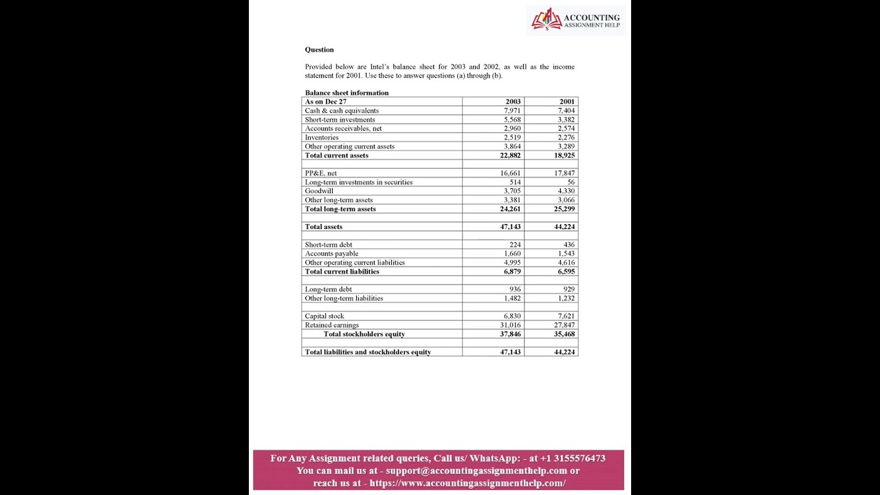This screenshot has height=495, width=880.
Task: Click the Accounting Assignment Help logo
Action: (x=575, y=20)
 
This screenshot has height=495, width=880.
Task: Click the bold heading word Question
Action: (x=319, y=49)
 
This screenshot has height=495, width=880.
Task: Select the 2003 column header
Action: (x=513, y=102)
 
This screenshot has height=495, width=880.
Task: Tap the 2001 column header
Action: (x=566, y=102)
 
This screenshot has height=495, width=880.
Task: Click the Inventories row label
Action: (x=322, y=137)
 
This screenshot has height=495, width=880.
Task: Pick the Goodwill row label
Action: (x=319, y=191)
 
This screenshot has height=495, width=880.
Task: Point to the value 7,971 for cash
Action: (x=512, y=111)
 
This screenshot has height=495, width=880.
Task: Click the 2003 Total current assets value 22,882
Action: (x=510, y=155)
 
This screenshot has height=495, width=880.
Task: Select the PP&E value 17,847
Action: (x=564, y=173)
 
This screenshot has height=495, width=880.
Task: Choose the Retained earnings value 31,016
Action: (x=510, y=325)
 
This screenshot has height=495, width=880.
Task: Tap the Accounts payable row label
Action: (x=331, y=254)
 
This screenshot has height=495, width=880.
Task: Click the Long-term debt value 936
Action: (x=515, y=289)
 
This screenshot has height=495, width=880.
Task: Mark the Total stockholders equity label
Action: (x=364, y=334)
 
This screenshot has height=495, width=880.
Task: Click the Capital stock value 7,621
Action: (x=566, y=316)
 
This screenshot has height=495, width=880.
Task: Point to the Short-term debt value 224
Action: (x=515, y=245)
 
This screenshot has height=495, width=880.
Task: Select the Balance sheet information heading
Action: (x=346, y=93)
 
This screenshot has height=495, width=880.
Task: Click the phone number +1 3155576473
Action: (x=573, y=459)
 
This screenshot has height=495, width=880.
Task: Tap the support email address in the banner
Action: (x=476, y=471)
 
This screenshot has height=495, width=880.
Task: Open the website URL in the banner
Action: (x=467, y=483)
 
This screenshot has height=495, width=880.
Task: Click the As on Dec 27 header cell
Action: (x=325, y=102)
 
